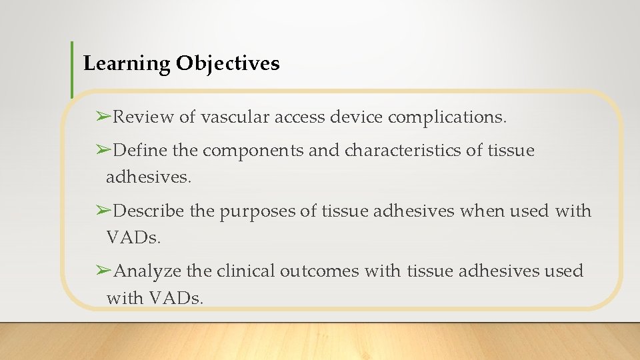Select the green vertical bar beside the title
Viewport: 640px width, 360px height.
(x=72, y=69)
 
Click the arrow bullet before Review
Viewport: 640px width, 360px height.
(x=103, y=117)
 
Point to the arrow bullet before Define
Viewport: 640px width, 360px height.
(x=103, y=151)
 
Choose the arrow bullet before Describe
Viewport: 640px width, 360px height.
(x=103, y=211)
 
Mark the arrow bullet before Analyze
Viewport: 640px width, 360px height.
(x=103, y=271)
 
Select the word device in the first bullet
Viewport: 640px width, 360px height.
(x=360, y=117)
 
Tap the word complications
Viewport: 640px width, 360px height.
(x=447, y=118)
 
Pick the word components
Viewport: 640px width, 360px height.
(x=253, y=151)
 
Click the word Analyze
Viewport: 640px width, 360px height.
(x=147, y=271)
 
